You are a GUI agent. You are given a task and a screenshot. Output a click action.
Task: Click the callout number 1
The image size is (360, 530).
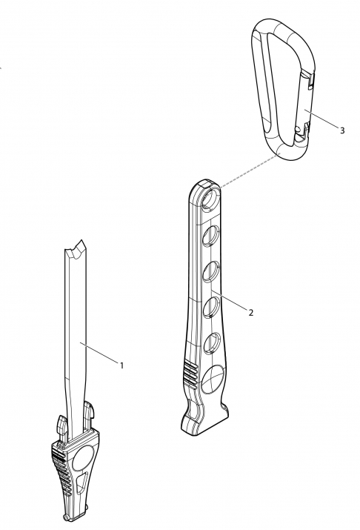point(122,365)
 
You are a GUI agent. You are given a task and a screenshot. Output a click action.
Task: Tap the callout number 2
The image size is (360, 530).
point(250,313)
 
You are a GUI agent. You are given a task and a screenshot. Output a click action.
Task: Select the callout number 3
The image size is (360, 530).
point(342,130)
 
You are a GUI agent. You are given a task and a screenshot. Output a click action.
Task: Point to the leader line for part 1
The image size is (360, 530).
point(99,354)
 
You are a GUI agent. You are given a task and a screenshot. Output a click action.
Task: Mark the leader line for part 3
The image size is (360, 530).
point(321,119)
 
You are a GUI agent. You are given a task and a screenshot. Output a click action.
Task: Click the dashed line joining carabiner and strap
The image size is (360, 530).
point(250,170)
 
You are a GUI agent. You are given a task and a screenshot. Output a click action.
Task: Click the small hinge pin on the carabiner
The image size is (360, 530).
point(297,129)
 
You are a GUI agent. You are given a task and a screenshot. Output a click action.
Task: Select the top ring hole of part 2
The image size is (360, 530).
point(211,199)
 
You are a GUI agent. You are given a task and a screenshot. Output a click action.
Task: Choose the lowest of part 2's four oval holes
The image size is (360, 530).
point(212,342)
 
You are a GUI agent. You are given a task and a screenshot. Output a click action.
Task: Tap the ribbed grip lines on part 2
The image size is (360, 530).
point(191,374)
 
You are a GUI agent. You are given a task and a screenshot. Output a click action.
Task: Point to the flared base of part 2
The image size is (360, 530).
point(204,419)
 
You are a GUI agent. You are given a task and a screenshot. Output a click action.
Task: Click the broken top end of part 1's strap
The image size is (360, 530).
point(75,249)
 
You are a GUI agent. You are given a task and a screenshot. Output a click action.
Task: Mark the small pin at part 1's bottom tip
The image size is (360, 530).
point(65,517)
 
